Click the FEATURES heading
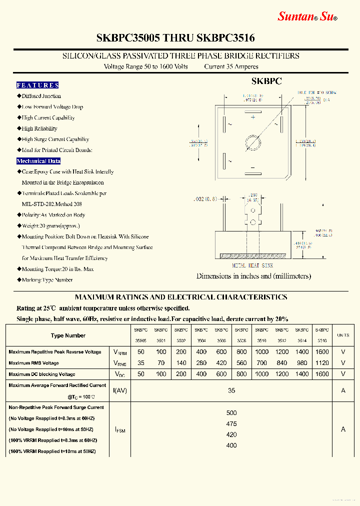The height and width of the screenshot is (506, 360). (x=37, y=85)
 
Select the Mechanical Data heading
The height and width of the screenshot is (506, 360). (x=38, y=161)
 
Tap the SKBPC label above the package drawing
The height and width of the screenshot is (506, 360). (x=266, y=81)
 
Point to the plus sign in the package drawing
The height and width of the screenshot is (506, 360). (x=253, y=117)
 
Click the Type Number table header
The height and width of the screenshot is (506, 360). (x=68, y=335)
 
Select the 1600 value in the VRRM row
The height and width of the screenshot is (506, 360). (x=322, y=352)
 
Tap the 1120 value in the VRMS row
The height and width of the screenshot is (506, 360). (x=322, y=363)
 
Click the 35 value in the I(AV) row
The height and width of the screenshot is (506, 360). (x=231, y=390)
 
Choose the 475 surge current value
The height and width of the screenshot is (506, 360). (x=231, y=424)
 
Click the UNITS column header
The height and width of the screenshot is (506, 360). (x=343, y=335)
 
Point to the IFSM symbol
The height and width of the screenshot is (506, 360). (x=120, y=429)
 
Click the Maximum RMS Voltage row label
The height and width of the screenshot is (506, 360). (x=33, y=363)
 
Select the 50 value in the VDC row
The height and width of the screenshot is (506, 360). (x=140, y=374)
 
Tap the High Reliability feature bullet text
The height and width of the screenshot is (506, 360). (x=39, y=128)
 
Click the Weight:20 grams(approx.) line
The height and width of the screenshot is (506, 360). (x=53, y=226)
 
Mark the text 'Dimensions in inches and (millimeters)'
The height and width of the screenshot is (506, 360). (x=253, y=276)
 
